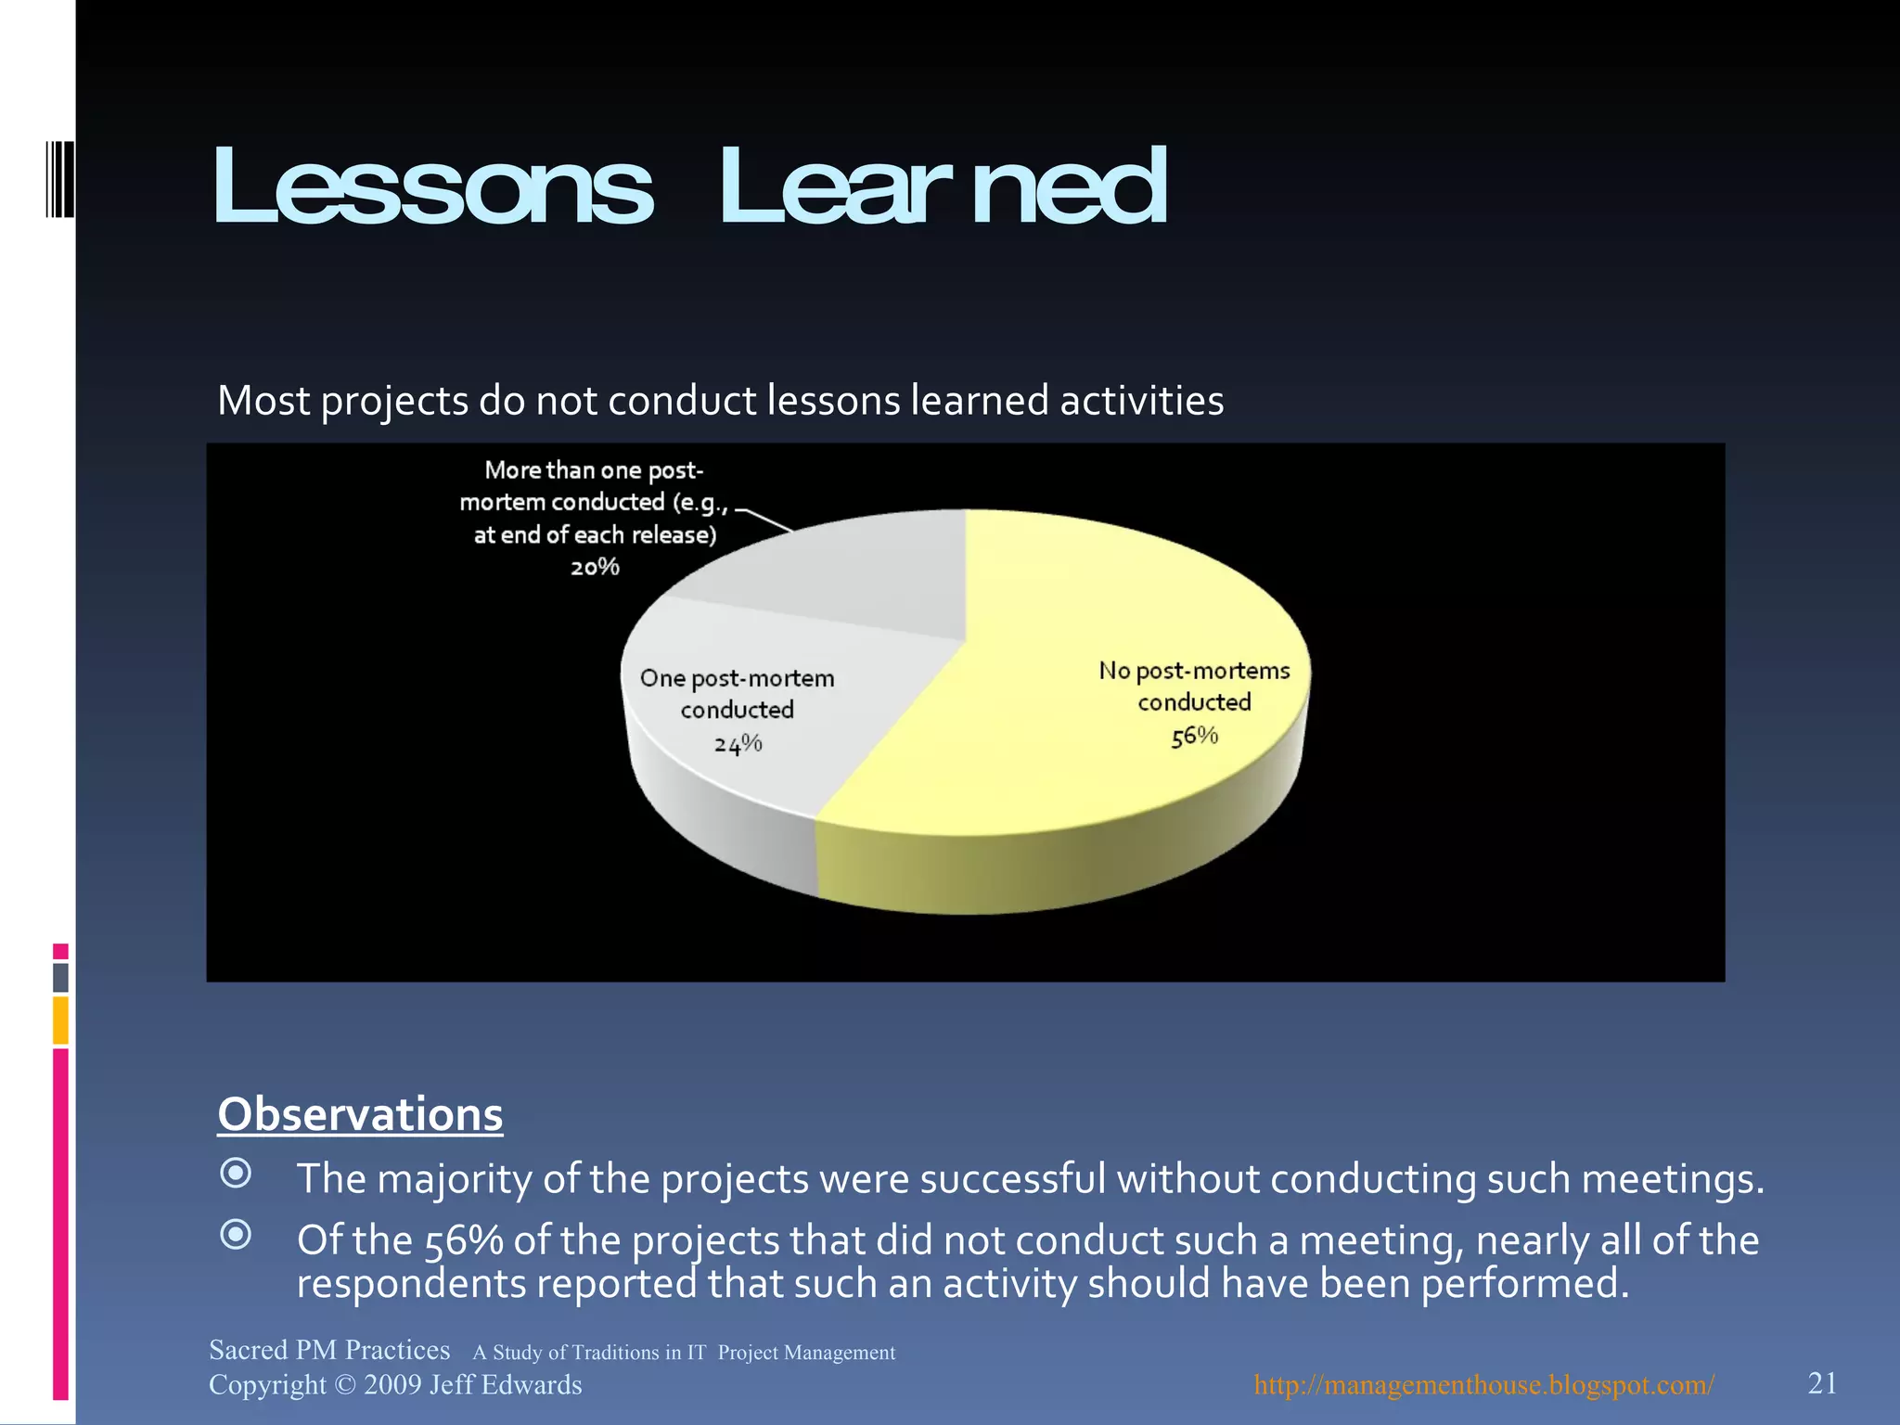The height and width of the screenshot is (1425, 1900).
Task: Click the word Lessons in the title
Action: click(x=432, y=188)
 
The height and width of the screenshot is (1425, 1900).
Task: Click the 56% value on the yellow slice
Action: click(x=1194, y=737)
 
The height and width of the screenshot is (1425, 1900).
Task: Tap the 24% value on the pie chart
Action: click(x=738, y=743)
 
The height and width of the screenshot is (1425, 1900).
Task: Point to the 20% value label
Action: click(x=595, y=567)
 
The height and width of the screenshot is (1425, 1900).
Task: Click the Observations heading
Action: click(x=360, y=1114)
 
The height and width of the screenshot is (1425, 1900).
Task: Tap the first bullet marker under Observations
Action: click(x=236, y=1173)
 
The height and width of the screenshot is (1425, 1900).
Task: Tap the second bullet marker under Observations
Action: click(x=236, y=1235)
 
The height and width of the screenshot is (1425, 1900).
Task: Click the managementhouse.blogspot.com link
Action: click(x=1483, y=1385)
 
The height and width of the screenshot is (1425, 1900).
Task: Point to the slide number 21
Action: click(x=1822, y=1383)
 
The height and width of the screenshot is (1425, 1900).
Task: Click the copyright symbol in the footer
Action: click(x=344, y=1385)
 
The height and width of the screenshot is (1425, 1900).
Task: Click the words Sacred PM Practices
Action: click(x=329, y=1350)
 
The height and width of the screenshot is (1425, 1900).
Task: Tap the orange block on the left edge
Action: click(x=60, y=1020)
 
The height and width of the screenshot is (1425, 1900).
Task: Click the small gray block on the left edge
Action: click(x=60, y=977)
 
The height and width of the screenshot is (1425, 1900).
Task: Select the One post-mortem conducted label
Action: click(x=738, y=694)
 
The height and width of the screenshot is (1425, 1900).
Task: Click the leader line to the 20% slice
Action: click(x=765, y=520)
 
